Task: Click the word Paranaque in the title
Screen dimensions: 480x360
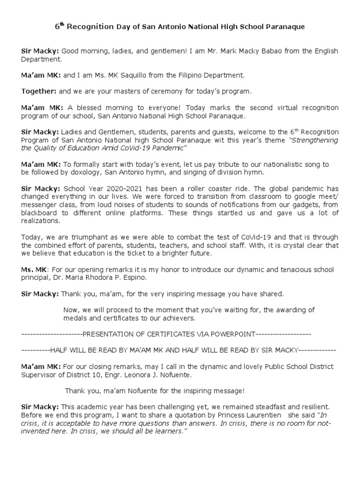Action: tap(286, 27)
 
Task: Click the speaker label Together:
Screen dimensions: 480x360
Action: tap(39, 91)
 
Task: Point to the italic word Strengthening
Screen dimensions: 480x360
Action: tap(315, 140)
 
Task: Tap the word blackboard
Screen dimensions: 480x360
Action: tap(39, 213)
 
